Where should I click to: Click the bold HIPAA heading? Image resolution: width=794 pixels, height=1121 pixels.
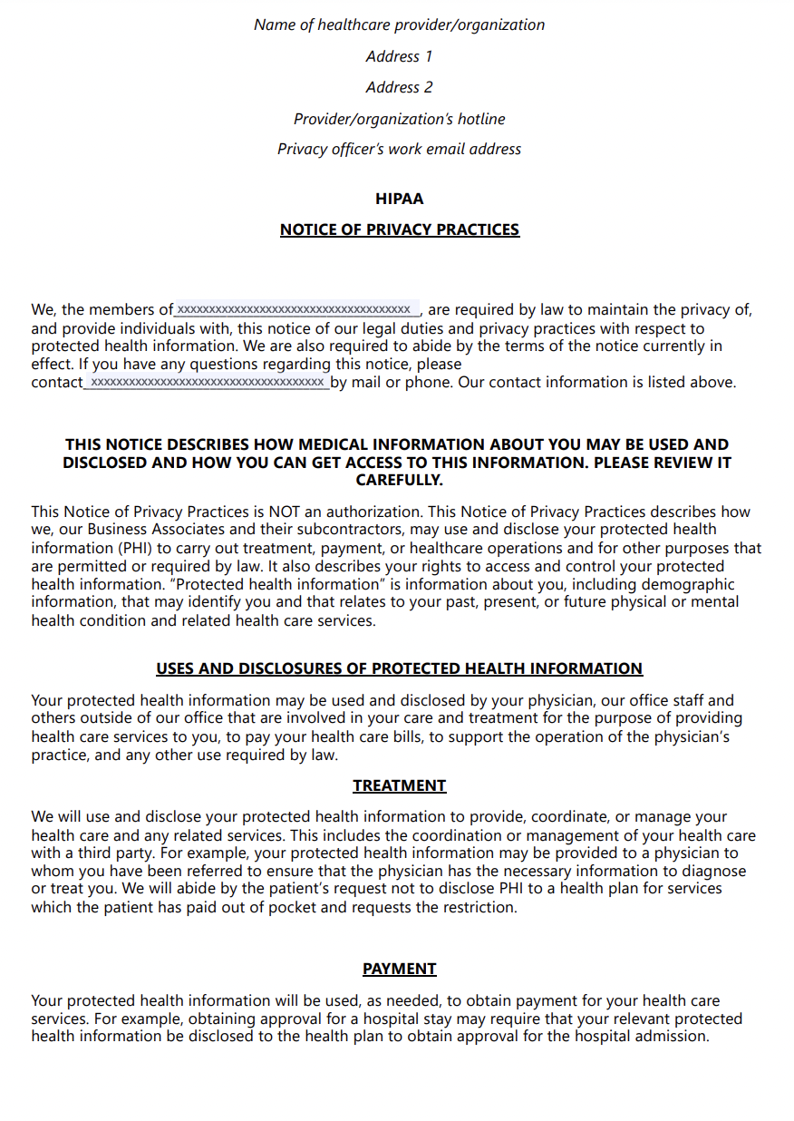pos(399,199)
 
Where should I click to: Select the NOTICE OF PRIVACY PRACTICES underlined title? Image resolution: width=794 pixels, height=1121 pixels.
pos(399,229)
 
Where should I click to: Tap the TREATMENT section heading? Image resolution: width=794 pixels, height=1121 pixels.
pos(399,785)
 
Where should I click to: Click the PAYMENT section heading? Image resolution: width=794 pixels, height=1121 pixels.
pos(399,969)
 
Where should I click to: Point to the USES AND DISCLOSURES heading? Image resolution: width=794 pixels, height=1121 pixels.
pos(399,668)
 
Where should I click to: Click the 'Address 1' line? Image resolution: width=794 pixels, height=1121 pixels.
pos(399,56)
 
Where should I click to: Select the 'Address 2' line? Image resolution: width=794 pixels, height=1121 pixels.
pos(399,87)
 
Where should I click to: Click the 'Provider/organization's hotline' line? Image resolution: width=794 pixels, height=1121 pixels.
pos(399,119)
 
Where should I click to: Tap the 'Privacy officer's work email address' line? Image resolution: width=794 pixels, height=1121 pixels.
pos(399,149)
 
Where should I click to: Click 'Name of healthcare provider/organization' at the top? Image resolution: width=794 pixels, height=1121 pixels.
pos(399,24)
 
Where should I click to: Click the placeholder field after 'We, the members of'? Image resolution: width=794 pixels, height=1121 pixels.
pos(297,309)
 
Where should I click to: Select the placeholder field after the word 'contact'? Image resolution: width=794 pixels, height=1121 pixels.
pos(207,383)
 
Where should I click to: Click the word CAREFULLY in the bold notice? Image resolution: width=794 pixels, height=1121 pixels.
pos(399,480)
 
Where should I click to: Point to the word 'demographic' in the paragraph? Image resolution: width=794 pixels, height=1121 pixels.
pos(693,584)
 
